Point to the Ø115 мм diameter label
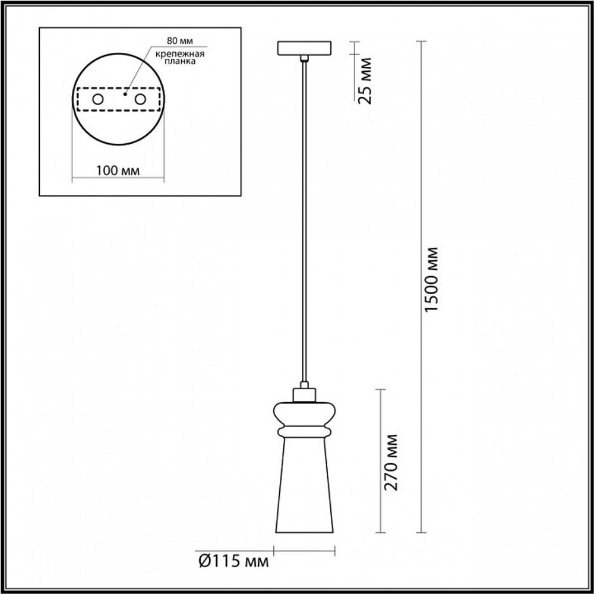coord(232,560)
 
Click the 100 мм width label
coord(118,170)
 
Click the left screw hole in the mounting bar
coord(98,99)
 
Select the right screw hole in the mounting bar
coord(140,99)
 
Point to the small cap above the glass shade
coord(304,393)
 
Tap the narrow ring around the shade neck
coord(304,429)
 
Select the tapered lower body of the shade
coord(304,487)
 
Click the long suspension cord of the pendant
coord(304,226)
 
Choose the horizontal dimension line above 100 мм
coord(118,178)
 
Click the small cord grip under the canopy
coord(304,58)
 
